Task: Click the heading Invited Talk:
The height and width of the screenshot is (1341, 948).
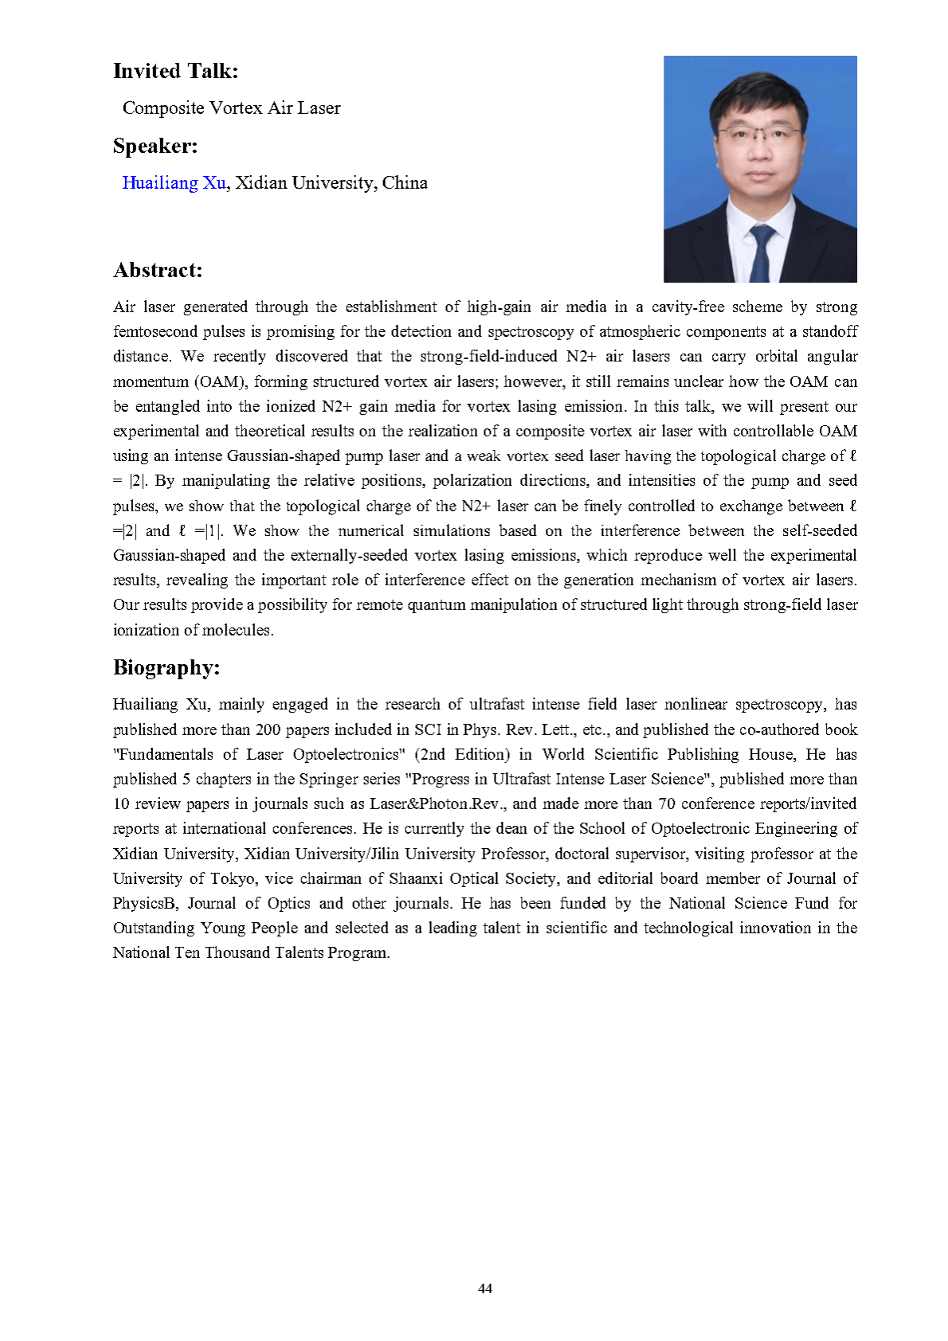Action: [175, 72]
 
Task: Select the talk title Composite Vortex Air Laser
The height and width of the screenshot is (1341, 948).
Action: [231, 108]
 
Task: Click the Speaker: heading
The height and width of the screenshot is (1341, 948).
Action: [155, 147]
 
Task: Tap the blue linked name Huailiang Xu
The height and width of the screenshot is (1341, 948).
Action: [174, 183]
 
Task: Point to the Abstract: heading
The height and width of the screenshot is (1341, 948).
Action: [158, 271]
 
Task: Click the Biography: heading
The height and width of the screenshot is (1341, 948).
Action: [166, 667]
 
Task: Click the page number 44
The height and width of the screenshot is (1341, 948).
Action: [485, 1288]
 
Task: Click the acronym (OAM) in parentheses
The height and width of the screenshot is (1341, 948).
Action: [220, 381]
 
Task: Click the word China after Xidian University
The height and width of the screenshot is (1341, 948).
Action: [405, 183]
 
